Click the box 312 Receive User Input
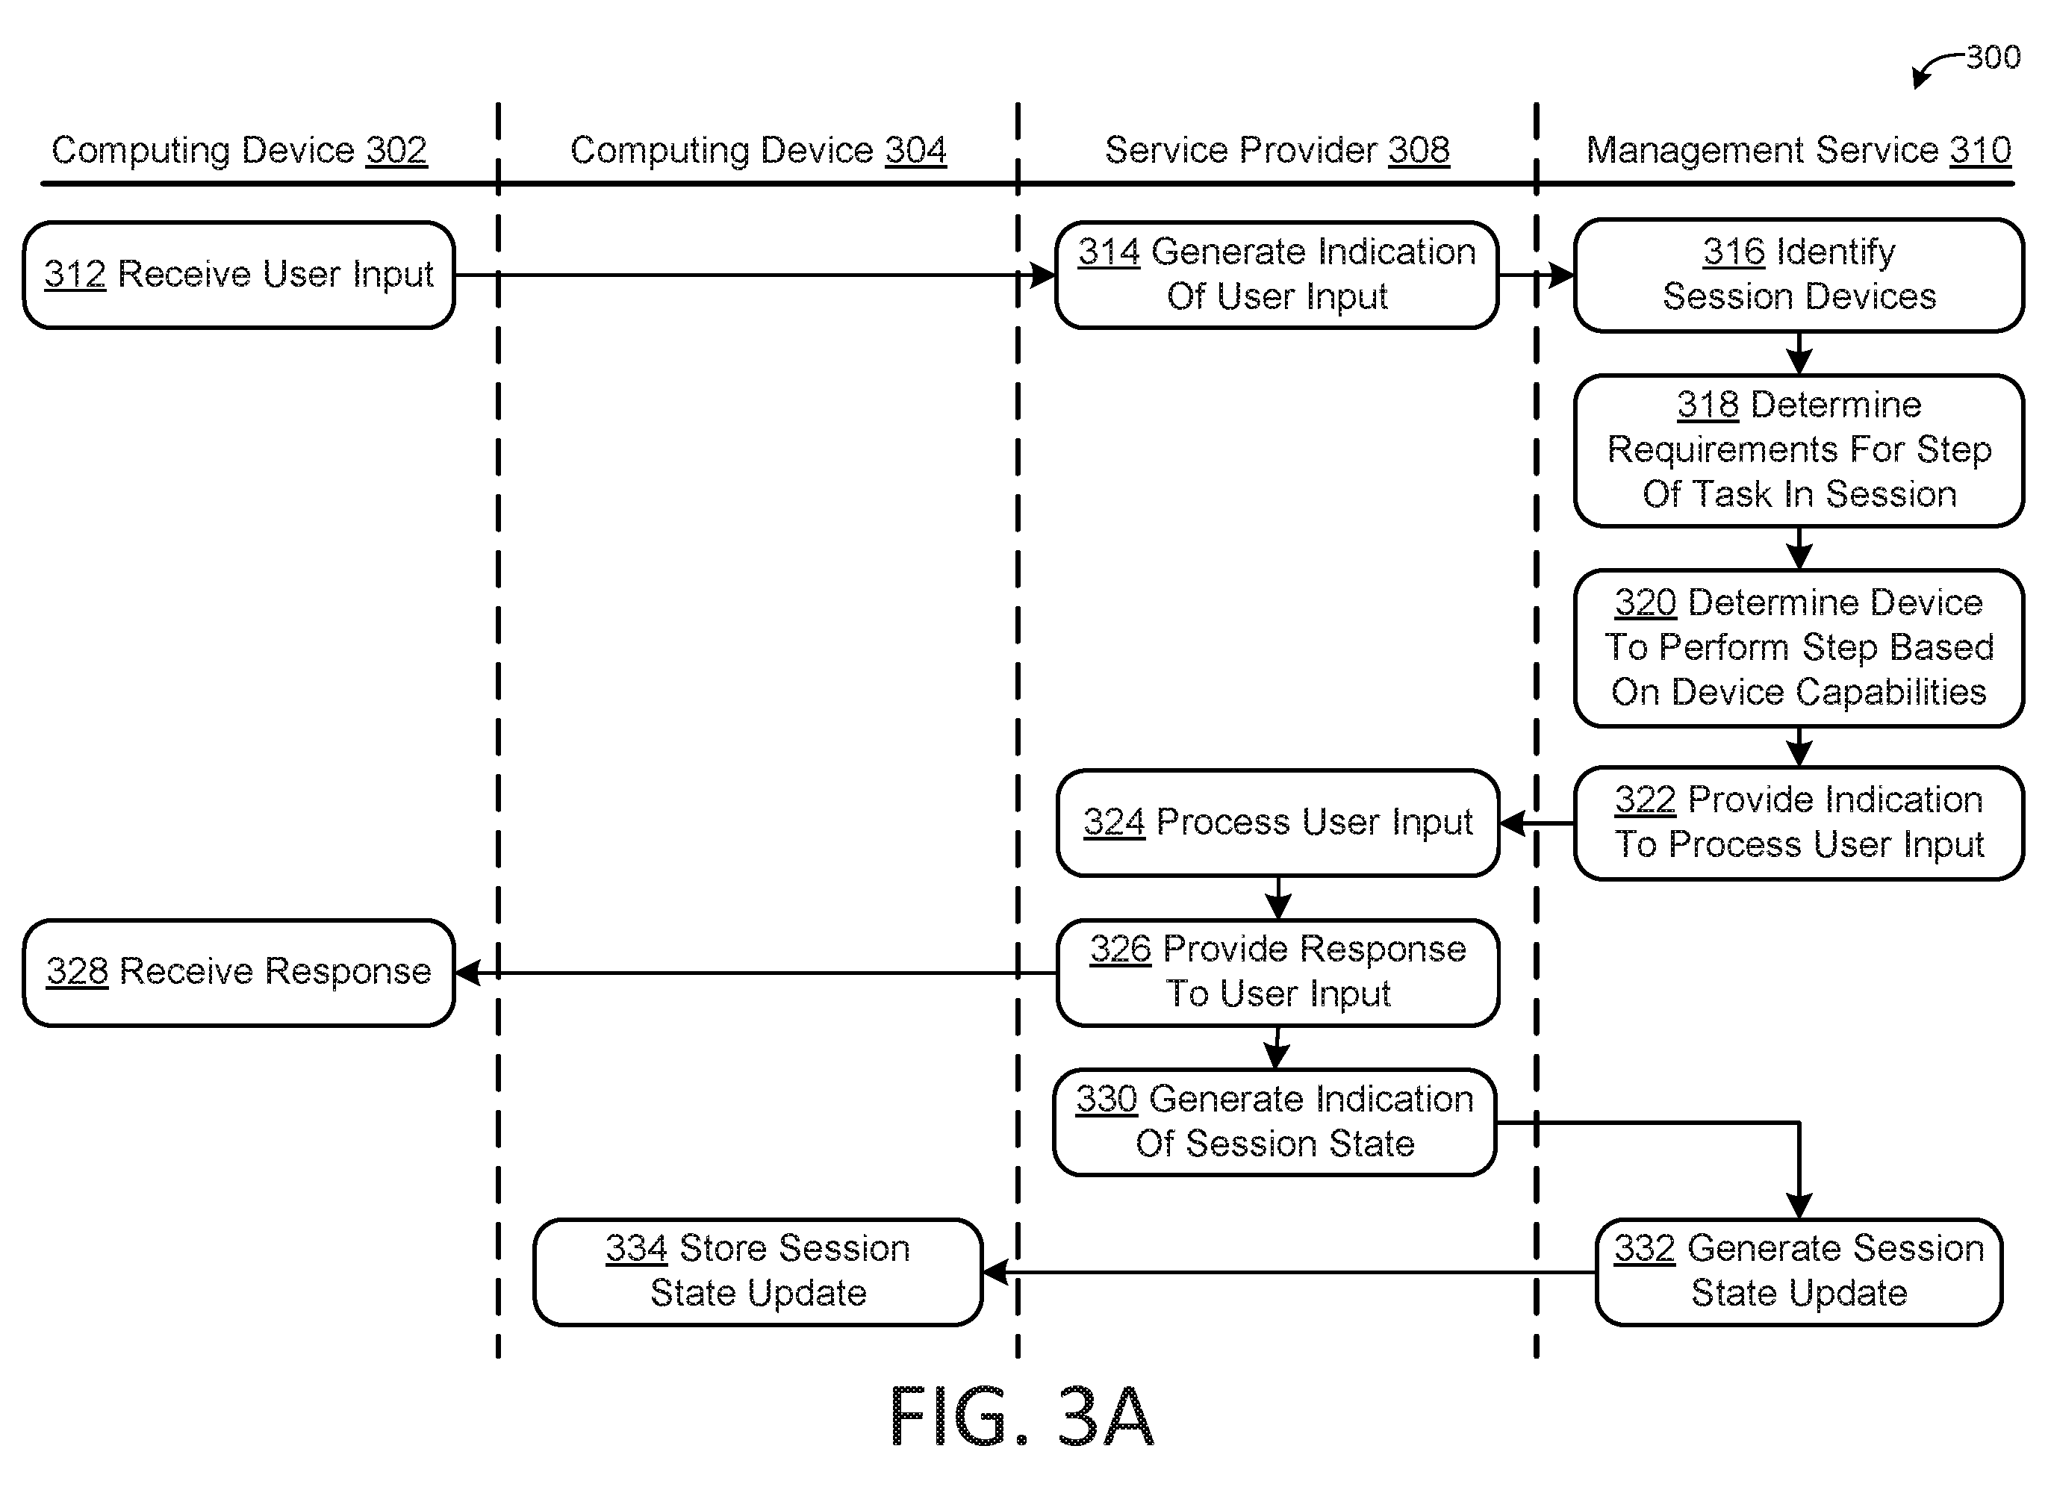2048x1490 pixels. point(238,275)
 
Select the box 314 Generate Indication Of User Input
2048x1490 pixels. point(1277,275)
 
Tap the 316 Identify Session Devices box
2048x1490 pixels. point(1799,275)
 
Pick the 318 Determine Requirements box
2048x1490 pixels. point(1799,449)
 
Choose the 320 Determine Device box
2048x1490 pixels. point(1799,647)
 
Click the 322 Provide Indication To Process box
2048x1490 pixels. point(1799,823)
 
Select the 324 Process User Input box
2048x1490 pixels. point(1277,823)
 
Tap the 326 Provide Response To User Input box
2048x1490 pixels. point(1277,973)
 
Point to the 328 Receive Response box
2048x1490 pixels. point(238,973)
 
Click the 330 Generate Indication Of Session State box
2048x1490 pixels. point(1274,1123)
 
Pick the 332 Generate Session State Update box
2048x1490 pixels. point(1799,1272)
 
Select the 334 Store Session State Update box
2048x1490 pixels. point(758,1272)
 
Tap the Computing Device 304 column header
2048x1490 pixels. point(759,150)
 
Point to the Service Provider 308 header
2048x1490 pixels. point(1277,150)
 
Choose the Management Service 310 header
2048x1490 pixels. point(1799,150)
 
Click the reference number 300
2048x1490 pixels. point(1993,57)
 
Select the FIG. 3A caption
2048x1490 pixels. point(1021,1416)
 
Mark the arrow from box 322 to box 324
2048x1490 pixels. point(1537,823)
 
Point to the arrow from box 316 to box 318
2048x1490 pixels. point(1799,353)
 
